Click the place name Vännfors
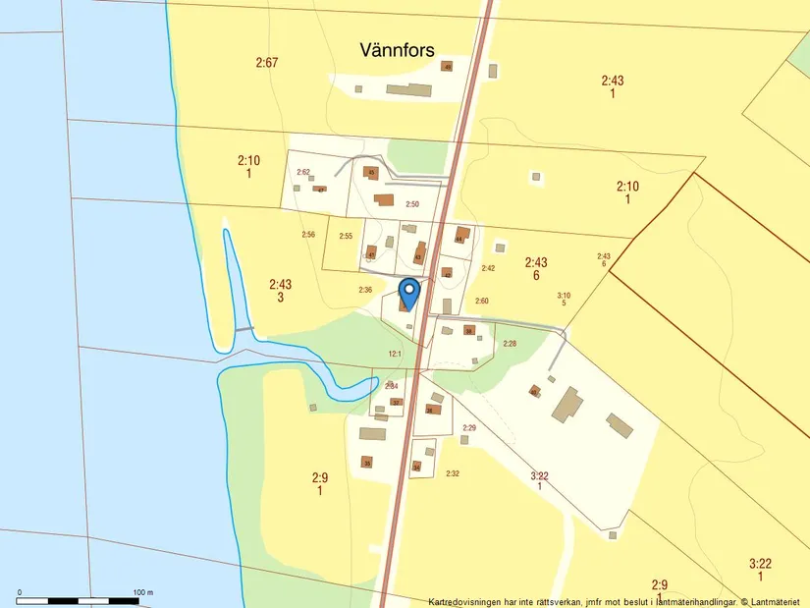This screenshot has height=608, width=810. click(x=397, y=49)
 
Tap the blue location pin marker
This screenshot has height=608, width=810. click(x=410, y=294)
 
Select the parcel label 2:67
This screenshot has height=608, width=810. click(x=267, y=63)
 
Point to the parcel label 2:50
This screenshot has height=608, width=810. click(x=412, y=204)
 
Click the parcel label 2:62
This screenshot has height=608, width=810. click(x=303, y=172)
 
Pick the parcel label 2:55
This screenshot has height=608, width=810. click(x=346, y=237)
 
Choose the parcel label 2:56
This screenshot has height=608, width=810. click(x=308, y=235)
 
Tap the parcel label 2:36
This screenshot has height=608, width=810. click(x=365, y=290)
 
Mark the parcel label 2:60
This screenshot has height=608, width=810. click(x=482, y=301)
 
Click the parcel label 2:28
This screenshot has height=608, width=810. click(x=510, y=344)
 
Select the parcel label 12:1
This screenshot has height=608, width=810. click(x=395, y=354)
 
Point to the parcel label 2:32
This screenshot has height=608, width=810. click(x=453, y=474)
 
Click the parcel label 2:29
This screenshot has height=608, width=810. click(x=469, y=428)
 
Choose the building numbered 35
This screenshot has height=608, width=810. click(x=367, y=463)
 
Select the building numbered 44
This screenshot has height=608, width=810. click(x=459, y=236)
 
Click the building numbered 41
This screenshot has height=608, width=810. click(x=371, y=252)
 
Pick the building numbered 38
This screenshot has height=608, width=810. click(x=469, y=331)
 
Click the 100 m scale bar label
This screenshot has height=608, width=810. click(x=143, y=592)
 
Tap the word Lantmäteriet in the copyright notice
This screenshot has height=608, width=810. click(x=779, y=601)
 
